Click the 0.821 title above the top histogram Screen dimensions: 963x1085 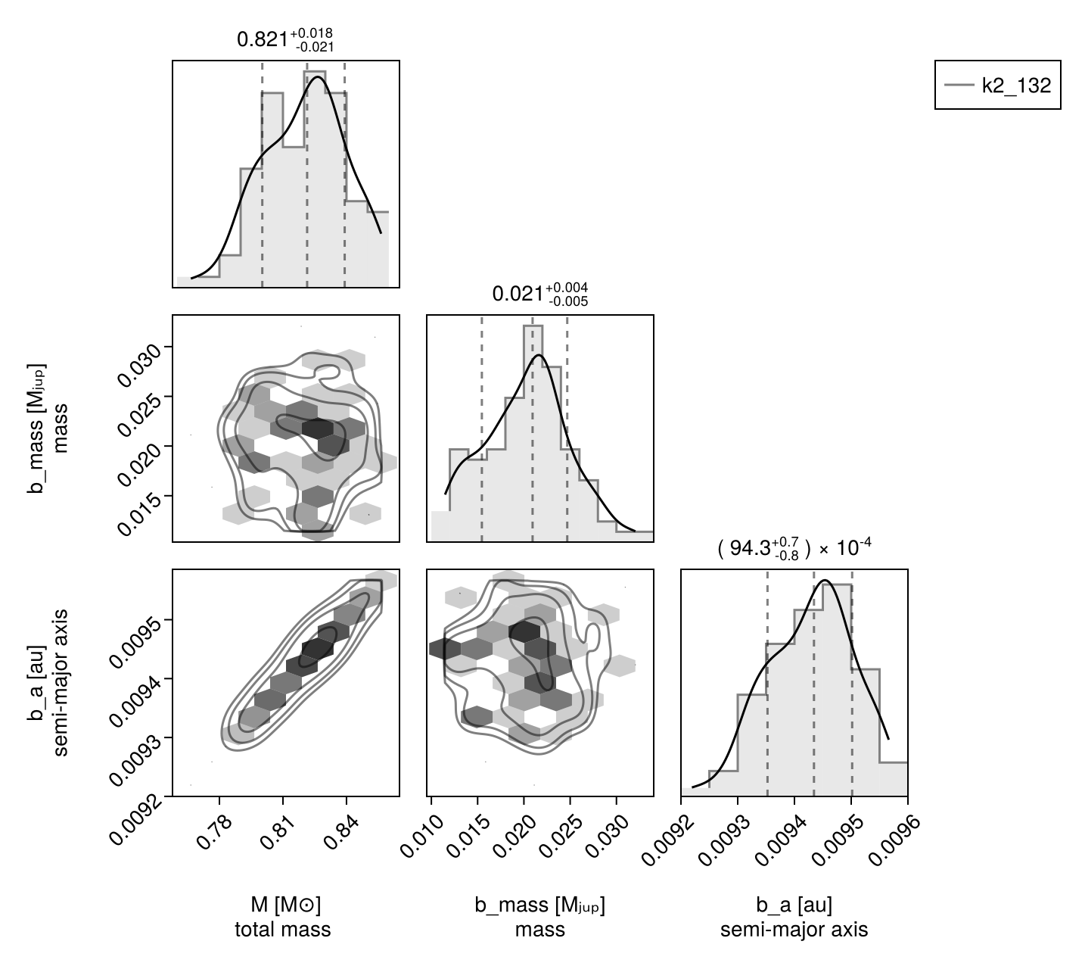tap(285, 40)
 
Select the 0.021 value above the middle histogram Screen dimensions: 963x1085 tap(539, 294)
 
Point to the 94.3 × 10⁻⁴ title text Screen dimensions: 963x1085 tap(794, 548)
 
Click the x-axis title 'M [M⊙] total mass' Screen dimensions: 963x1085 tap(282, 917)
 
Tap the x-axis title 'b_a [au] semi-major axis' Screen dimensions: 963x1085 tap(794, 917)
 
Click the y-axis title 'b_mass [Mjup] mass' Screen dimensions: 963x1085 tap(48, 429)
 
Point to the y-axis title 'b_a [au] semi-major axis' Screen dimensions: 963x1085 tap(48, 682)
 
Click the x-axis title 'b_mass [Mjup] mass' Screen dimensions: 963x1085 tap(539, 917)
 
